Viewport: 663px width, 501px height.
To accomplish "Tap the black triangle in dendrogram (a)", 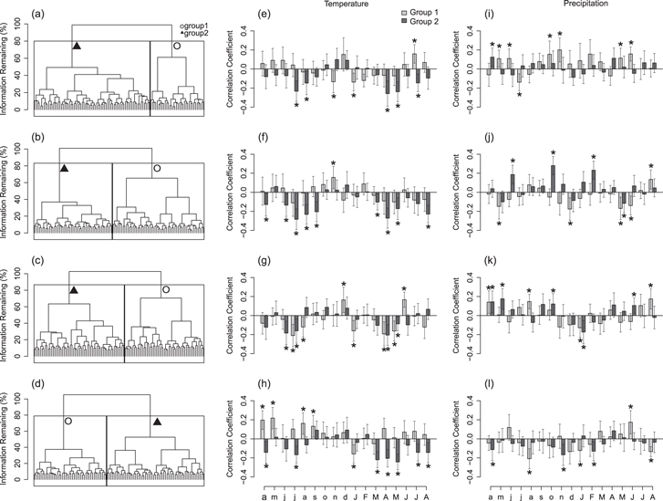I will coord(78,47).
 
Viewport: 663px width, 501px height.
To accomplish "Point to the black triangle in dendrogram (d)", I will coord(157,421).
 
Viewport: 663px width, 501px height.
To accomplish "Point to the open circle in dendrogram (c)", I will coord(166,289).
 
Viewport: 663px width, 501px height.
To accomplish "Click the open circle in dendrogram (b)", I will coord(157,168).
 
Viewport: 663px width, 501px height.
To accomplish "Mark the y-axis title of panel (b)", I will coord(8,191).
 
